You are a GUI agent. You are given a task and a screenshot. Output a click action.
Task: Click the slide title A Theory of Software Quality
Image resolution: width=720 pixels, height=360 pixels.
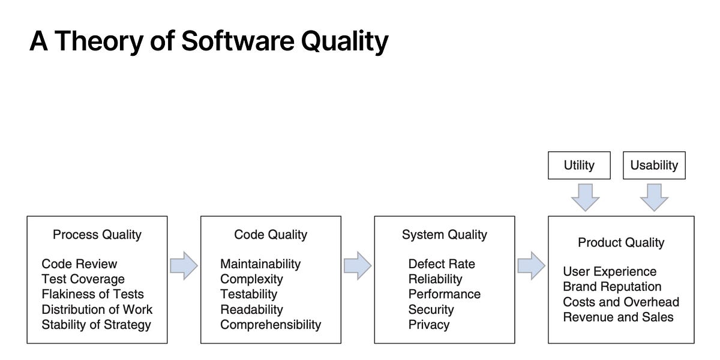tap(209, 41)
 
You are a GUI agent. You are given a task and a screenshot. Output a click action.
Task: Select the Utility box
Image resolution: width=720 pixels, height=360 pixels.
tap(579, 165)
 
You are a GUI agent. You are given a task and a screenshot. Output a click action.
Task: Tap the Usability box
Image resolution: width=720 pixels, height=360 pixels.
tap(654, 165)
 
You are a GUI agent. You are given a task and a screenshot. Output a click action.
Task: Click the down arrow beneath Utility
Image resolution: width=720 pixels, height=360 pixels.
tap(585, 197)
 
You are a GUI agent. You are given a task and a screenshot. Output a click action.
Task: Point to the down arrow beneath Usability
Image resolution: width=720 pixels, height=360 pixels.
tap(654, 197)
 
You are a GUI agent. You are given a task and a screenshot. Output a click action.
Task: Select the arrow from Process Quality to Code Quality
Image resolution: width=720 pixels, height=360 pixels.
tap(184, 266)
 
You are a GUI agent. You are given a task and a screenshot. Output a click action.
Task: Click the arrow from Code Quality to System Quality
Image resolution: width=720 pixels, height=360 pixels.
tap(358, 266)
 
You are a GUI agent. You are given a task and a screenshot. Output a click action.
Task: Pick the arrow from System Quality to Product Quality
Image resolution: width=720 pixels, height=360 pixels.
tap(531, 266)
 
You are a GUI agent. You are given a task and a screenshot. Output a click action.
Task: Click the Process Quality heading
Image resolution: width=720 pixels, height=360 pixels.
tap(97, 235)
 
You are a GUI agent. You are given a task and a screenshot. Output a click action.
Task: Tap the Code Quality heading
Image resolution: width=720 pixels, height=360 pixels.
tap(271, 235)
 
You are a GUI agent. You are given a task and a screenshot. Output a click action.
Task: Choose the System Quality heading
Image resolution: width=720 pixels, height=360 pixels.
tap(445, 235)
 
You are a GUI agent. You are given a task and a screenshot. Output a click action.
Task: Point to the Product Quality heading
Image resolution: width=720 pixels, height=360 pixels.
tap(621, 242)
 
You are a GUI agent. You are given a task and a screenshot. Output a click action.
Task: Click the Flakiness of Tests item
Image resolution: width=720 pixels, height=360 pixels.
tap(93, 294)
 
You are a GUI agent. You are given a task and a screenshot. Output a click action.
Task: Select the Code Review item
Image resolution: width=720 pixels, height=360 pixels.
tap(80, 263)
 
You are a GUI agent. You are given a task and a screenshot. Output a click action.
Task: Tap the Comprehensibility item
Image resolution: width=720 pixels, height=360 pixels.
tap(271, 325)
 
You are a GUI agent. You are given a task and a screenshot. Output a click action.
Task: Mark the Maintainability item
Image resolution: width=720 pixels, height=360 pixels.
tap(260, 263)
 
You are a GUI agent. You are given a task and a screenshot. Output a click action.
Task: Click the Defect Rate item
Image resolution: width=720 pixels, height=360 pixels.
tap(442, 263)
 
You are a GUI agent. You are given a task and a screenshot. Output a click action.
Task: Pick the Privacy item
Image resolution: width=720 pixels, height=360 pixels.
tap(429, 325)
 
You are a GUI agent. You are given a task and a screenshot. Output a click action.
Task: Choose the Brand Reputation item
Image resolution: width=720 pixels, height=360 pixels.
tap(612, 287)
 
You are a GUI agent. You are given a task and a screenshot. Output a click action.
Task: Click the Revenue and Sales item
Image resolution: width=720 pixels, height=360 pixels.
tap(618, 317)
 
